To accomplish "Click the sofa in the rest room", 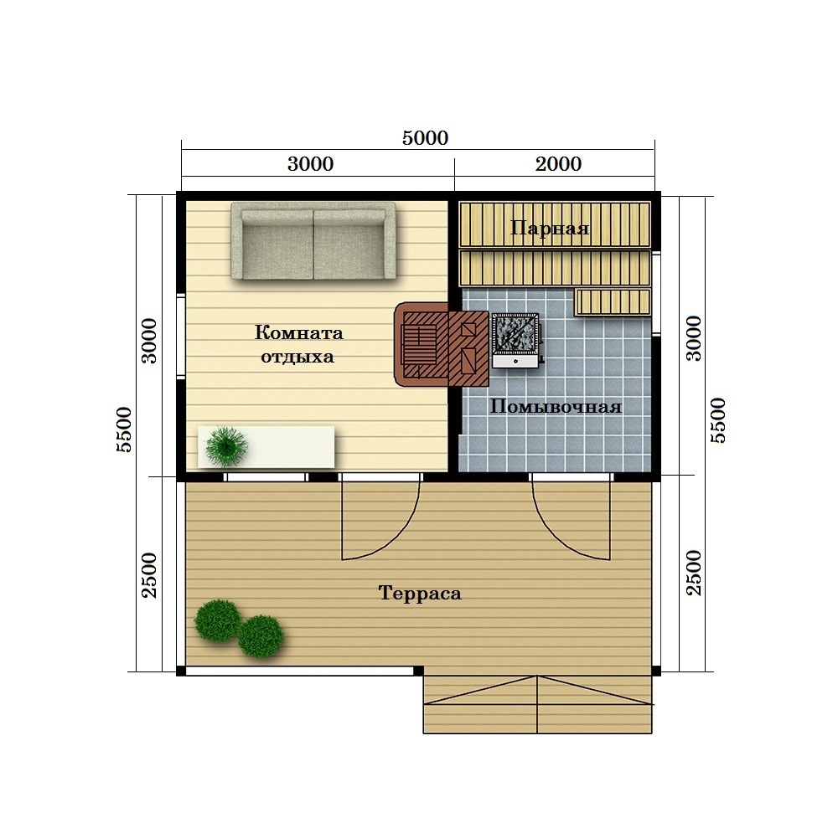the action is pyautogui.click(x=313, y=241).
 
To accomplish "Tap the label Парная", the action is pyautogui.click(x=550, y=229).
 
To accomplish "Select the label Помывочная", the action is pyautogui.click(x=556, y=407).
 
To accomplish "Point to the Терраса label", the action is pyautogui.click(x=420, y=594).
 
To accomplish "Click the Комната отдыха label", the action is pyautogui.click(x=298, y=344).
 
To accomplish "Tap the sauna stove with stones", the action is pyautogui.click(x=516, y=340).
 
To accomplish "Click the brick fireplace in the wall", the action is pyautogui.click(x=442, y=344).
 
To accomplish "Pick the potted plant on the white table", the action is pyautogui.click(x=226, y=446).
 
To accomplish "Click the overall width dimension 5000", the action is pyautogui.click(x=426, y=138).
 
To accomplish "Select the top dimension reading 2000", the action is pyautogui.click(x=558, y=164).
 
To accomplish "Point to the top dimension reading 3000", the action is pyautogui.click(x=311, y=164).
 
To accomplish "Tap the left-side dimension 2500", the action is pyautogui.click(x=149, y=575).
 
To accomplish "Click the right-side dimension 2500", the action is pyautogui.click(x=693, y=573).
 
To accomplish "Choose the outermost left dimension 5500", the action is pyautogui.click(x=123, y=430).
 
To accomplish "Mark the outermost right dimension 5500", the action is pyautogui.click(x=718, y=420).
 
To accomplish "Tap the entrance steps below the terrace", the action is pyautogui.click(x=538, y=704).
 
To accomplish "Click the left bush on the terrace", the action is pyautogui.click(x=217, y=620).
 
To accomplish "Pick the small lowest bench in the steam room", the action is pyautogui.click(x=613, y=302).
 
